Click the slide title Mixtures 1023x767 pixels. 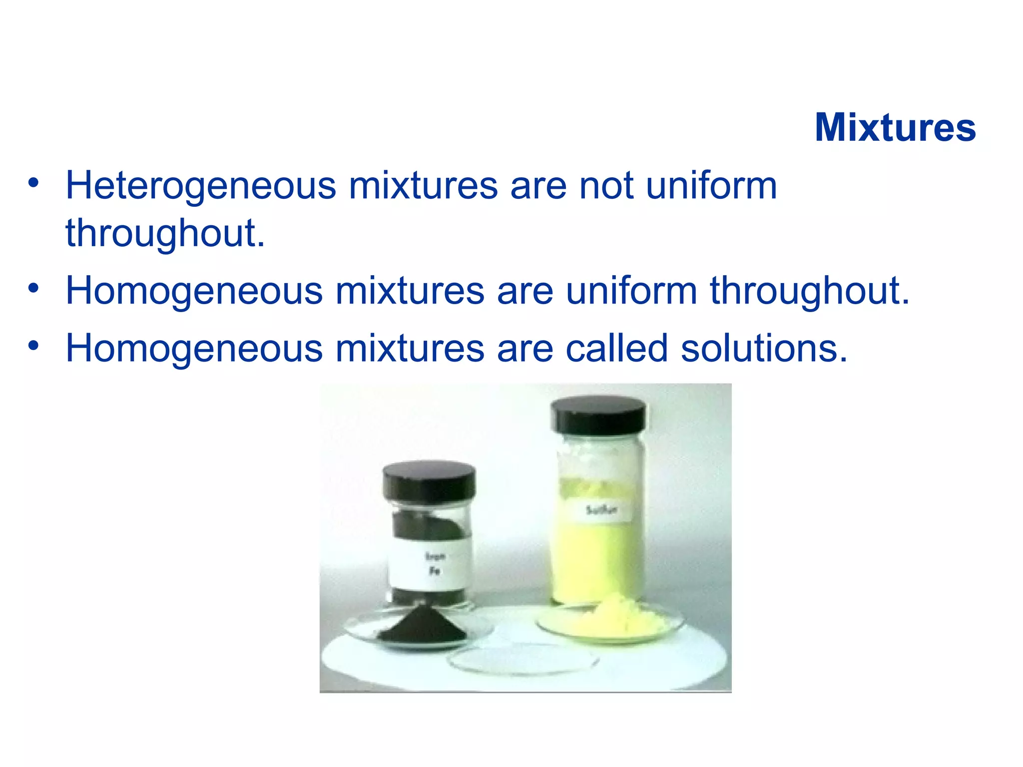(x=895, y=127)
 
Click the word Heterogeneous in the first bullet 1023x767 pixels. (x=201, y=186)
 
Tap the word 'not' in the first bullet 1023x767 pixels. (x=606, y=186)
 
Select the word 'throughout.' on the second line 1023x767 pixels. (x=165, y=233)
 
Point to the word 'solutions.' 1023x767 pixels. (x=764, y=348)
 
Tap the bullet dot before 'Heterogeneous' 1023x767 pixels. (x=33, y=183)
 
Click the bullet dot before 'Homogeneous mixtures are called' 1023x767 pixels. (x=33, y=346)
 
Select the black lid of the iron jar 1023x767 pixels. (x=429, y=481)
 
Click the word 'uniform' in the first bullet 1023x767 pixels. (x=711, y=186)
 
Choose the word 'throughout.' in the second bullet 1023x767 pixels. (x=810, y=291)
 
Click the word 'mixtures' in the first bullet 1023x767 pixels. (x=423, y=186)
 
